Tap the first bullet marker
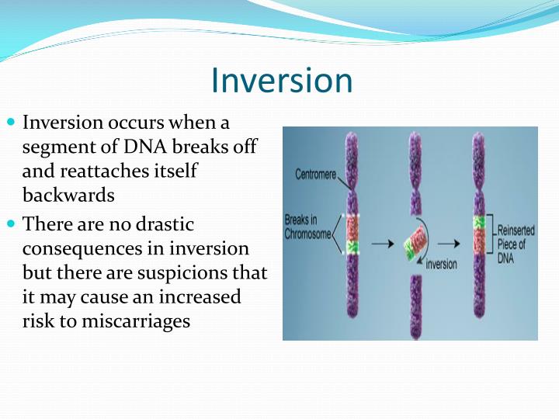click(x=11, y=123)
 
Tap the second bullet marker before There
click(x=11, y=223)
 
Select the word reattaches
click(x=97, y=171)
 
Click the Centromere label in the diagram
click(x=315, y=175)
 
